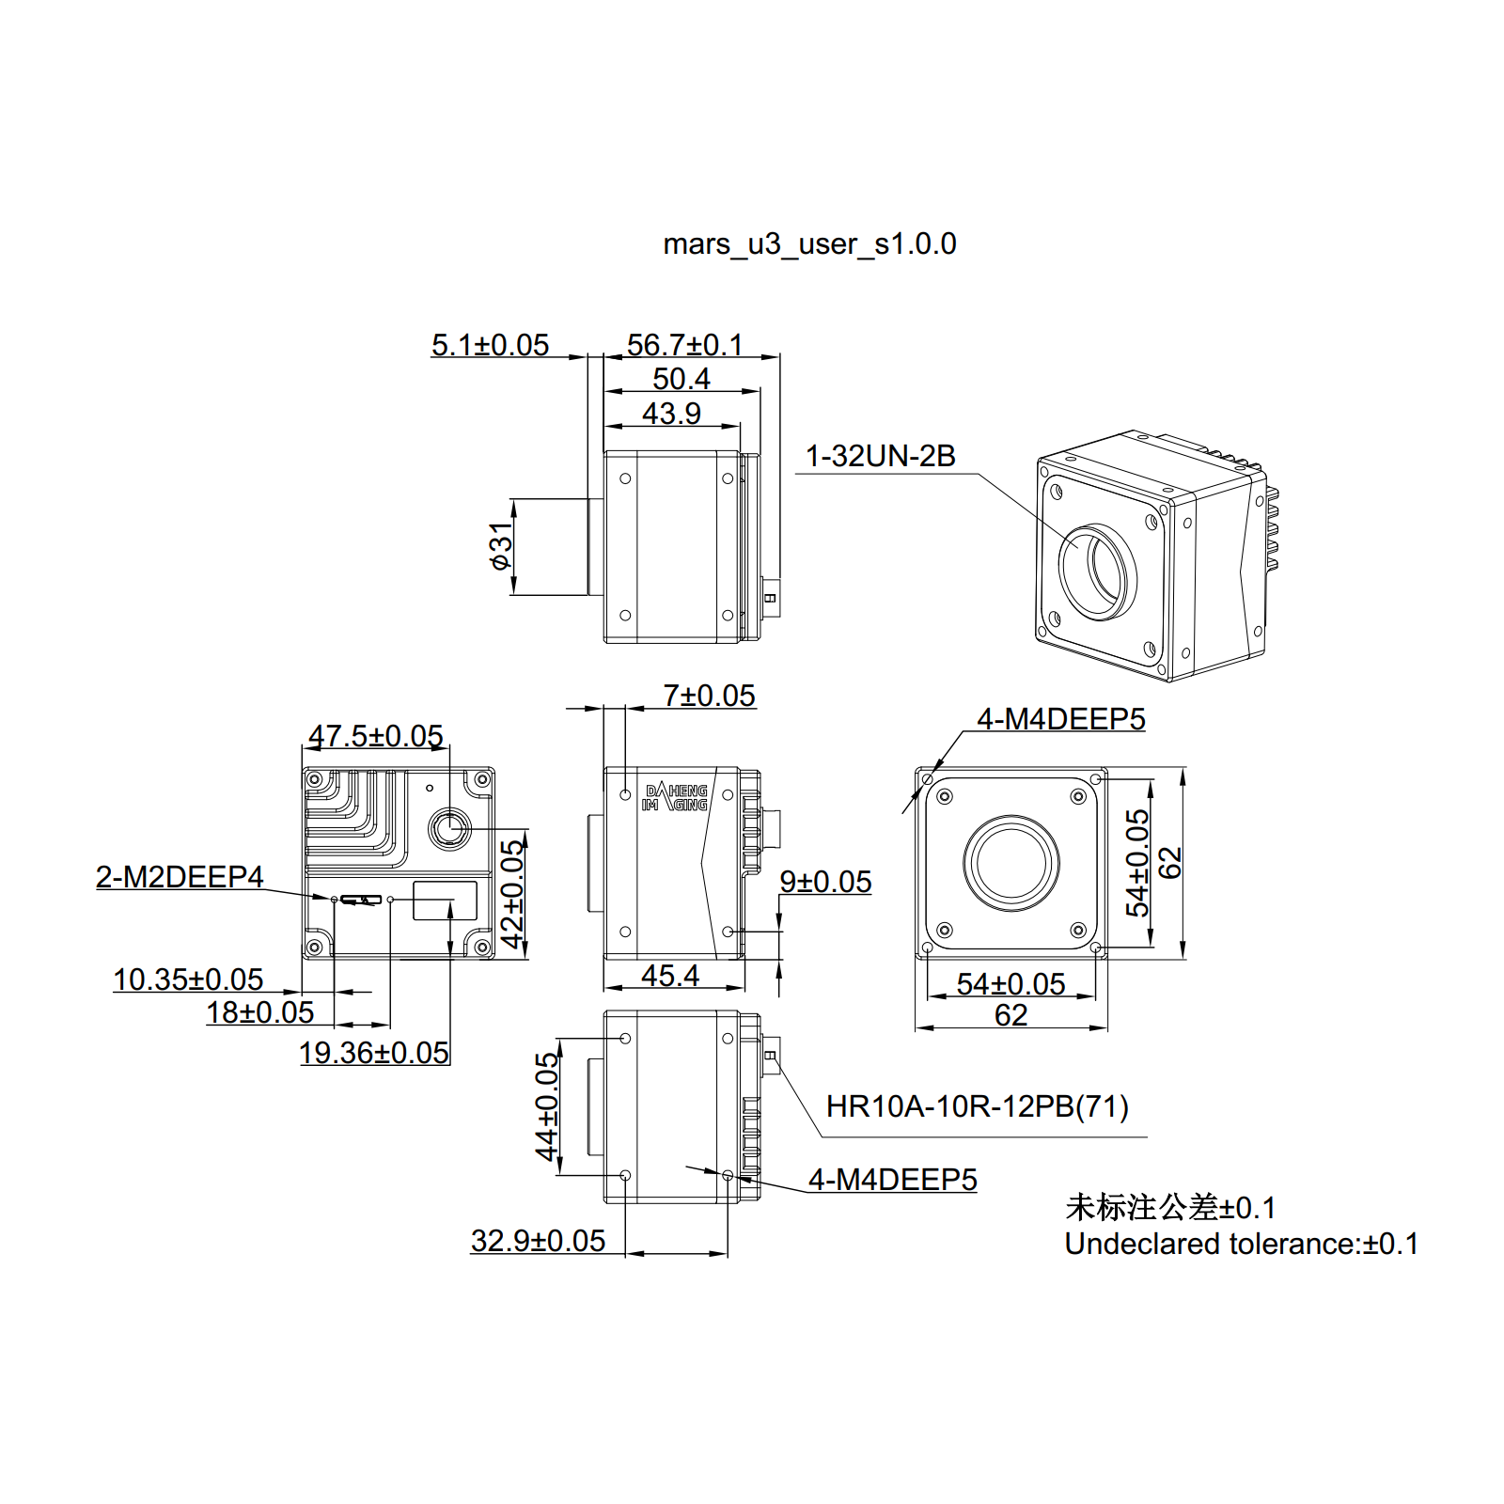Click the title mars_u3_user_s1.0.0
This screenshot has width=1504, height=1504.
(809, 244)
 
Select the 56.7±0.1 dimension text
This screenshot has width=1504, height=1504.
(684, 345)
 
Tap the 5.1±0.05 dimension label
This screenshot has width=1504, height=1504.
(490, 345)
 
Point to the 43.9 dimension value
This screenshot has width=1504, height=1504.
(671, 414)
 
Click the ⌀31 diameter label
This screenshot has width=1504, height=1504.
(501, 546)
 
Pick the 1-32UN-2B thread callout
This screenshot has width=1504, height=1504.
(880, 456)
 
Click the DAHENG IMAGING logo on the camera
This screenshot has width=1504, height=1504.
(675, 798)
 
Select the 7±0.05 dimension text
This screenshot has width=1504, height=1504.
(709, 696)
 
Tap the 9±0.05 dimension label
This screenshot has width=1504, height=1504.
(825, 882)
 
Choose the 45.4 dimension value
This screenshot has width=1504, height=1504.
(670, 976)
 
